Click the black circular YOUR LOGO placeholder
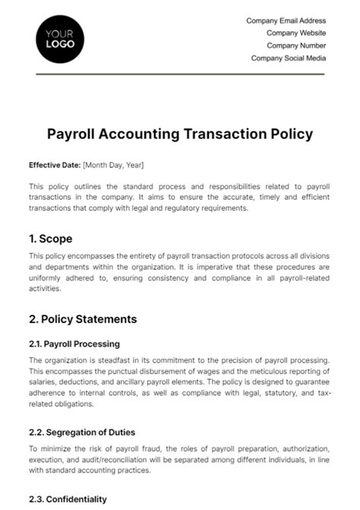point(60,39)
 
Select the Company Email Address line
point(286,21)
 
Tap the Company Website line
point(296,33)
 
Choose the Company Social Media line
point(289,58)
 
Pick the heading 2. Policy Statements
point(82,318)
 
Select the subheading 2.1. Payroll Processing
point(74,344)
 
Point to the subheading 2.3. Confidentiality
point(68,499)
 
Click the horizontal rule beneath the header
point(180,74)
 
